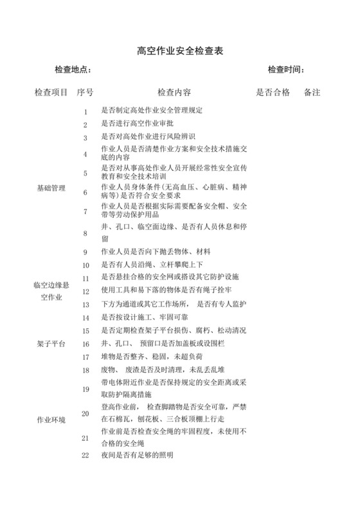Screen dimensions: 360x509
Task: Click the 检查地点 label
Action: point(76,70)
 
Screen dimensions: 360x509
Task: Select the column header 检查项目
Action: point(51,93)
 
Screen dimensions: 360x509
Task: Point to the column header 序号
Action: point(85,93)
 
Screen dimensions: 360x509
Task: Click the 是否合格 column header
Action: point(273,93)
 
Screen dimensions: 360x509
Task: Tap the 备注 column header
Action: point(312,93)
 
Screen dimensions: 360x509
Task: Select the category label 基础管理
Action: point(51,188)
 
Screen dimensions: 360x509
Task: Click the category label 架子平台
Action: point(51,344)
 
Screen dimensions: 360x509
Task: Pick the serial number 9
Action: point(85,252)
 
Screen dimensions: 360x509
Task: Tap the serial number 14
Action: point(85,318)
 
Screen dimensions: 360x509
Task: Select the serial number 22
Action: point(85,456)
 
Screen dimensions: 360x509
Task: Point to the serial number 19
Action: point(85,389)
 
